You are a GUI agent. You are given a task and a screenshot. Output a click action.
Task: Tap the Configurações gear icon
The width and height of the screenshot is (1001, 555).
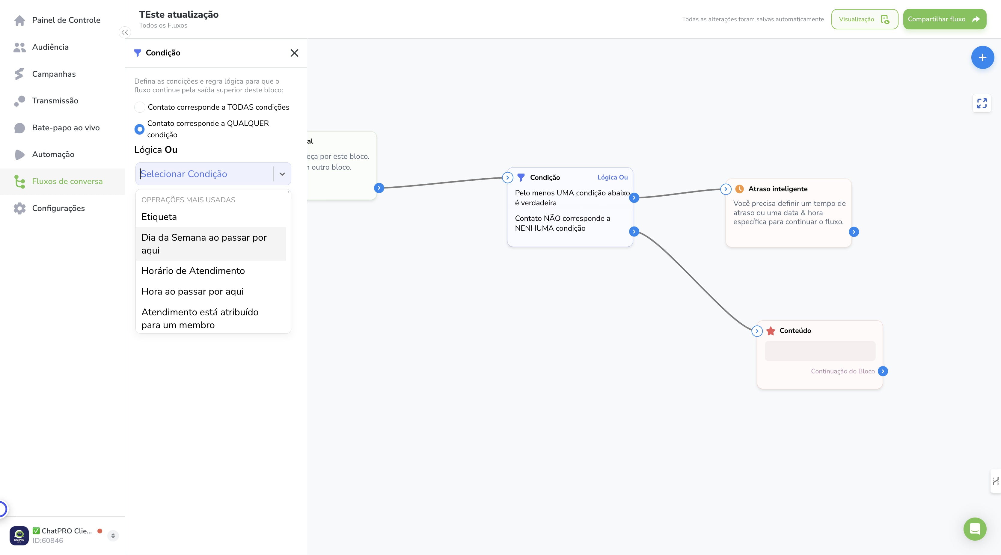pyautogui.click(x=19, y=208)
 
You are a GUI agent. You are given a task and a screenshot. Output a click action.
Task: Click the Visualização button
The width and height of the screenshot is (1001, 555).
pyautogui.click(x=864, y=19)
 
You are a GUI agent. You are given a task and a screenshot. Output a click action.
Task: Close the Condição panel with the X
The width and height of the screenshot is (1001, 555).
pyautogui.click(x=295, y=53)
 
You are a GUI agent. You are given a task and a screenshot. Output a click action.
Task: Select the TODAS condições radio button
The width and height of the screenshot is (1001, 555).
pyautogui.click(x=139, y=107)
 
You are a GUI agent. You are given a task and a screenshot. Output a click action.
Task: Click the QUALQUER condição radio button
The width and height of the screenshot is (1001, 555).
pyautogui.click(x=139, y=129)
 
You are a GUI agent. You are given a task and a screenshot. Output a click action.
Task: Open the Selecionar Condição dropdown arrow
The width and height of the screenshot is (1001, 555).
pyautogui.click(x=282, y=174)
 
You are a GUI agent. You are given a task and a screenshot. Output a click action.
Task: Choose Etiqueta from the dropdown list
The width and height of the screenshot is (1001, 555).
pyautogui.click(x=159, y=217)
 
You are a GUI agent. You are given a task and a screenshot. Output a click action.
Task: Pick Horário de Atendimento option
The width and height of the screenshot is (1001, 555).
pyautogui.click(x=193, y=271)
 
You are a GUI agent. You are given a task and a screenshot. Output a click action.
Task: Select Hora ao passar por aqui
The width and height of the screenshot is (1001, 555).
pyautogui.click(x=192, y=292)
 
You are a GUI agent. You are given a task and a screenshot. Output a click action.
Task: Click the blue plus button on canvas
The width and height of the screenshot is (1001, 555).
pyautogui.click(x=982, y=58)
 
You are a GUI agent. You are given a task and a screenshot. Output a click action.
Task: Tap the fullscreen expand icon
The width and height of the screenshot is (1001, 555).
pyautogui.click(x=982, y=103)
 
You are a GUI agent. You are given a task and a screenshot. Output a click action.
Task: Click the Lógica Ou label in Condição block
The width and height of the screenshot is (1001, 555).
pyautogui.click(x=612, y=177)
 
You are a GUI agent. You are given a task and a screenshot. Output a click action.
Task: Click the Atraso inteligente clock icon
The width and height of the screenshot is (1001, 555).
pyautogui.click(x=739, y=189)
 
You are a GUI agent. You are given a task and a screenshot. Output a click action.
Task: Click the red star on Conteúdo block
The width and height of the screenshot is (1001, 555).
pyautogui.click(x=771, y=331)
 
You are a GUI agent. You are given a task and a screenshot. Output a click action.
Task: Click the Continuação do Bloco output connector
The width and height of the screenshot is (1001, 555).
pyautogui.click(x=883, y=371)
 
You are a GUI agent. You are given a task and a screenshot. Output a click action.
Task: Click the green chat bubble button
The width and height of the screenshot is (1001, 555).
pyautogui.click(x=975, y=529)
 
